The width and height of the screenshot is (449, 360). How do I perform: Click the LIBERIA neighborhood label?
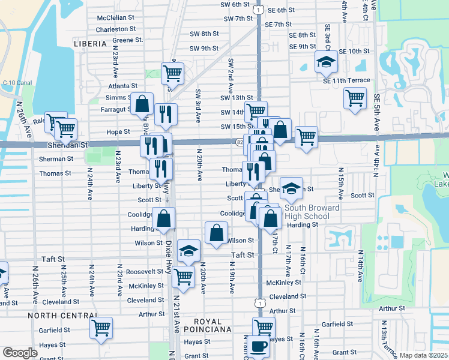point(89,44)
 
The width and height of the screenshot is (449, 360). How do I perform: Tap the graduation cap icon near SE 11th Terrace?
point(326,61)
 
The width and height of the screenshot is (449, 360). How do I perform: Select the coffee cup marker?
point(260,346)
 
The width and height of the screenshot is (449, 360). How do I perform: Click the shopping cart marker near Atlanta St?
point(172,73)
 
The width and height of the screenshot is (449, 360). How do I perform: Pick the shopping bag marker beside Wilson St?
point(216,232)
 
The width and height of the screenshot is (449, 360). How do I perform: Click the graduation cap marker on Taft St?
point(189,251)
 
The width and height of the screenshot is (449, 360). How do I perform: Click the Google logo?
point(20,353)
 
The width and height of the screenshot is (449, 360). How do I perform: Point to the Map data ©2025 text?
point(423,355)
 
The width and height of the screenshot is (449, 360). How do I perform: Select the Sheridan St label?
point(67,145)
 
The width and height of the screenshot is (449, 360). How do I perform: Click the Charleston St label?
point(116,29)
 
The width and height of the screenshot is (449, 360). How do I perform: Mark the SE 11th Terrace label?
point(346,80)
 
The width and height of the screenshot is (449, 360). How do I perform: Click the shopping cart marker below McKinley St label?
point(183,277)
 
